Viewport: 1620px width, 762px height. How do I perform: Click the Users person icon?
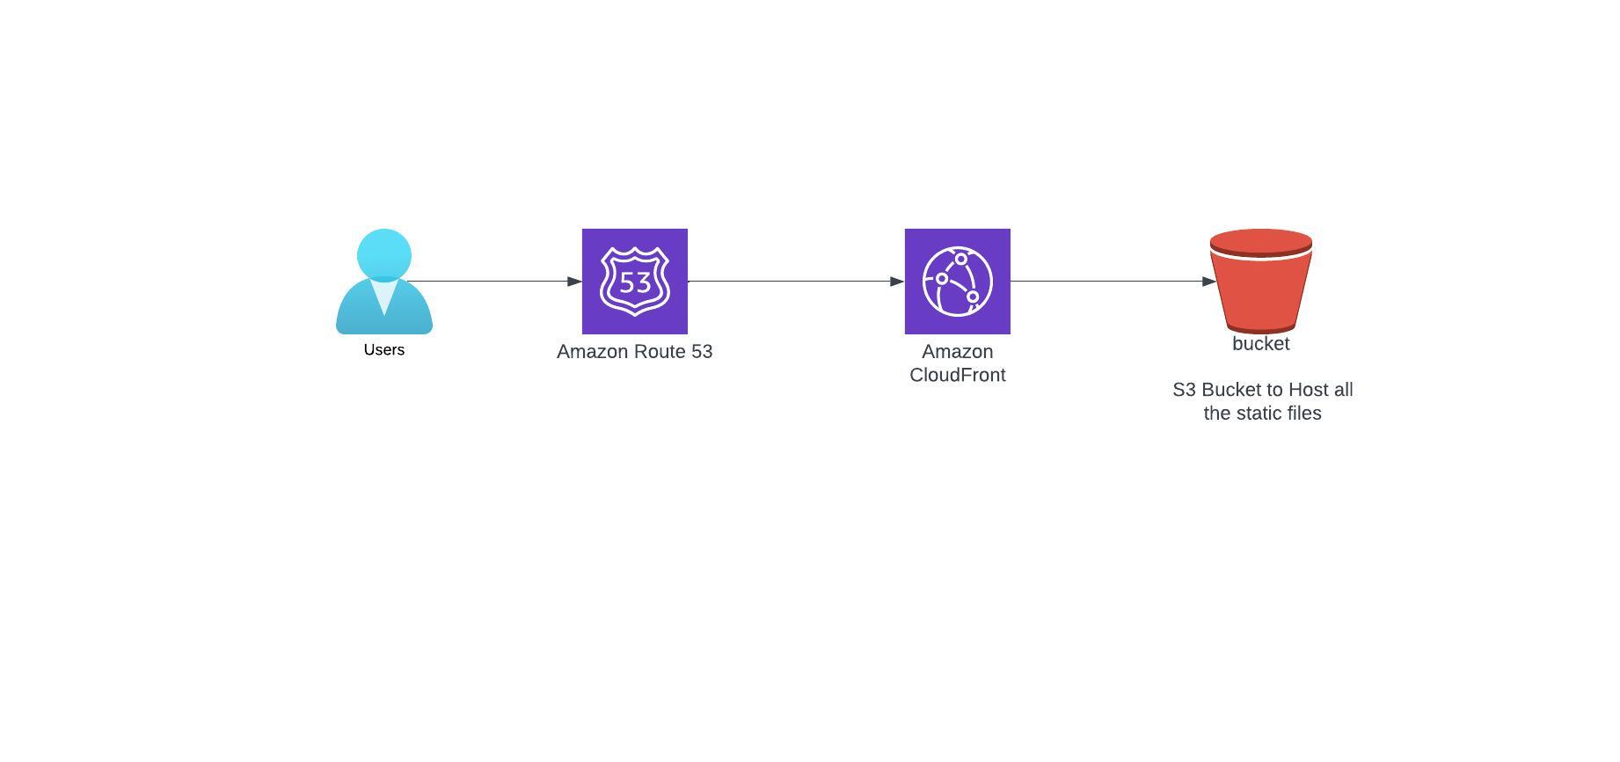pos(384,282)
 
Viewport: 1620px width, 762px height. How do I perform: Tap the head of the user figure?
pos(384,255)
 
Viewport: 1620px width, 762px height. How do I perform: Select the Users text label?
pos(384,350)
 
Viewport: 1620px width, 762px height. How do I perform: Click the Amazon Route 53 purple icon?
pos(635,282)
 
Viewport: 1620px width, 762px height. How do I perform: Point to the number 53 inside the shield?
pos(635,282)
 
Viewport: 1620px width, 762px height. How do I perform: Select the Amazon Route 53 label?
pos(635,352)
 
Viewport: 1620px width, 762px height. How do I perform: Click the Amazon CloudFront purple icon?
pos(958,282)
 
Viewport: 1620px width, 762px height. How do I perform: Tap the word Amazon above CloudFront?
pos(958,352)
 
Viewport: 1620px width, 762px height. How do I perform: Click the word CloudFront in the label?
pos(958,375)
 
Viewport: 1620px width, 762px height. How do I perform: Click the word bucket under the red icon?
pos(1261,344)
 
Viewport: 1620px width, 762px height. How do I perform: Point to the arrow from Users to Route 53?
pos(494,282)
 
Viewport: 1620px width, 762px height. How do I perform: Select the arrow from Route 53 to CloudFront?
pos(796,282)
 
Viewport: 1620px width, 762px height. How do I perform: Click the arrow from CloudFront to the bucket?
pos(1113,282)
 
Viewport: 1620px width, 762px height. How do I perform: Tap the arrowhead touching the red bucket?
pos(1209,282)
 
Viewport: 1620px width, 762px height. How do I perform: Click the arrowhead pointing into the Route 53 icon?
pos(575,282)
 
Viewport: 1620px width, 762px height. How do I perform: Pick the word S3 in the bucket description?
pos(1184,390)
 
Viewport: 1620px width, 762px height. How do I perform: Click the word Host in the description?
pos(1308,390)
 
